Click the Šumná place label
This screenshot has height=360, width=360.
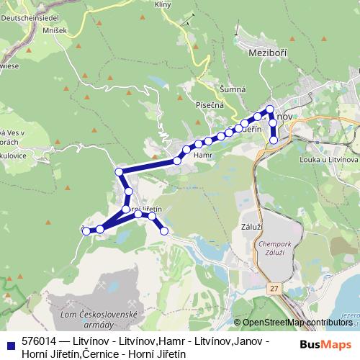click(233, 89)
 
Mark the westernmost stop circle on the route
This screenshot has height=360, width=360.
click(86, 230)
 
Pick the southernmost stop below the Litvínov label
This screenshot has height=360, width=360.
click(274, 140)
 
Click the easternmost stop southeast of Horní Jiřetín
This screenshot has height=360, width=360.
click(164, 230)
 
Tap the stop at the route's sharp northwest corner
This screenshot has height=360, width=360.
click(120, 171)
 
